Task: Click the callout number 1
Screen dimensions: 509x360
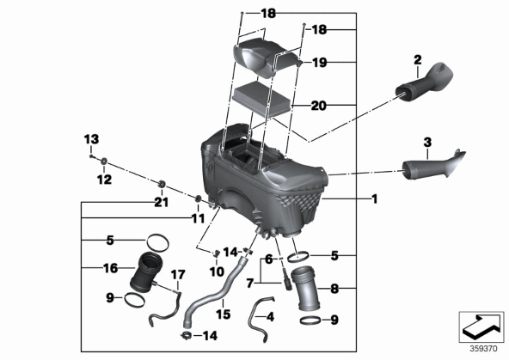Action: (375, 198)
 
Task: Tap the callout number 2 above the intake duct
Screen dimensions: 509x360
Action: (418, 59)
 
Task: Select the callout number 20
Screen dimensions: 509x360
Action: (318, 106)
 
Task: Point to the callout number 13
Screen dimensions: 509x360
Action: (91, 140)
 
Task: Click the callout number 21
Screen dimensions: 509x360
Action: (162, 203)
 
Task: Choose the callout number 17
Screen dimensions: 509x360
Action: (178, 275)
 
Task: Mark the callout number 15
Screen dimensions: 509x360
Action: (224, 314)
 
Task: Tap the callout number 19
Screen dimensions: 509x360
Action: (319, 63)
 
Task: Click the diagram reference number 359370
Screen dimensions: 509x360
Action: (483, 349)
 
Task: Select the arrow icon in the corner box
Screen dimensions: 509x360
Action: (481, 326)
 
